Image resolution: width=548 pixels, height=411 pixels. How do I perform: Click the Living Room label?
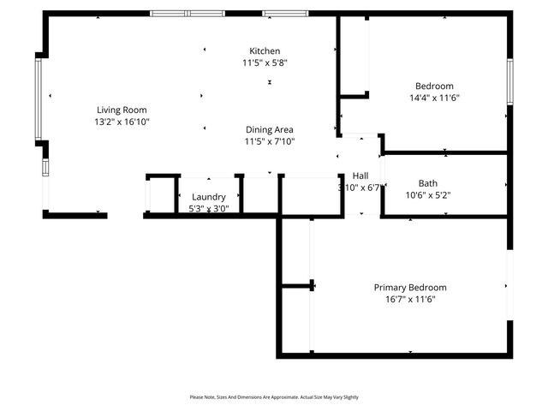point(122,110)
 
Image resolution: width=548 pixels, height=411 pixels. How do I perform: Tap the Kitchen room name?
point(265,51)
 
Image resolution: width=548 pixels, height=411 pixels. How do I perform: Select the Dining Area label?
point(270,129)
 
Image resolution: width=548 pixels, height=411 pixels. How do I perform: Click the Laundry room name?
point(208,197)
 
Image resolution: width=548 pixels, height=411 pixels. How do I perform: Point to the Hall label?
point(360,176)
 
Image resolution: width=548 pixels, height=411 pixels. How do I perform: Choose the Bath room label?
point(427,183)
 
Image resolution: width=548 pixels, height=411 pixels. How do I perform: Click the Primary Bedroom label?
point(409,288)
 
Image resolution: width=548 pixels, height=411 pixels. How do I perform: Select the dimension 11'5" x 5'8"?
point(265,63)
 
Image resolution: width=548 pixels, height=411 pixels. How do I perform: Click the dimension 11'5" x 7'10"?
point(270,141)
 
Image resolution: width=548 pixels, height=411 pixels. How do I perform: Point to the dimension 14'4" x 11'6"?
point(434,98)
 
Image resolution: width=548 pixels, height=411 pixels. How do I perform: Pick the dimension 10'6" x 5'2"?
point(427,195)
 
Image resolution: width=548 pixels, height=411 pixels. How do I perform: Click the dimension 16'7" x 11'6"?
point(409,300)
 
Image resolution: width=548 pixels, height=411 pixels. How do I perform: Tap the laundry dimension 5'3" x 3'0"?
point(208,208)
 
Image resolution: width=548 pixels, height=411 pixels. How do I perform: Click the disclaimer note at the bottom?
point(274,397)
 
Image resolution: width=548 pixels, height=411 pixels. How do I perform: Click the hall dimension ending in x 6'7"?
point(360,188)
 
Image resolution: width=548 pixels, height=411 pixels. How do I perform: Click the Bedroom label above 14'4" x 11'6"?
point(434,86)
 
